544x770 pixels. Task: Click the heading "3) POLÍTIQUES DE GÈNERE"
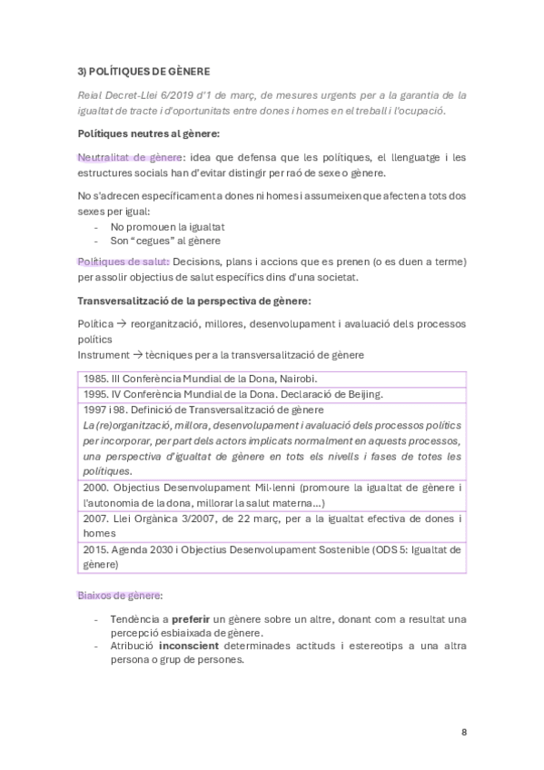[x=143, y=70]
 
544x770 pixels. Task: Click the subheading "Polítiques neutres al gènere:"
[x=149, y=133]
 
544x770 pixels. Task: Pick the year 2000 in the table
[x=94, y=488]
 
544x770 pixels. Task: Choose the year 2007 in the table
[x=94, y=518]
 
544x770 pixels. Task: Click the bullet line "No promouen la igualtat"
[x=167, y=226]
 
